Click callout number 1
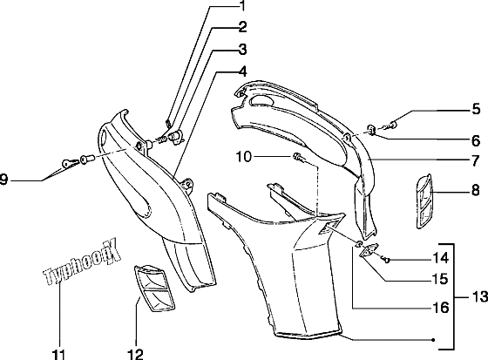[242, 5]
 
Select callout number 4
[242, 71]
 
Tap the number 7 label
[475, 161]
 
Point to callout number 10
[243, 157]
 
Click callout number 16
[441, 308]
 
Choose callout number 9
[3, 180]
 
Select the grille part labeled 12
[154, 288]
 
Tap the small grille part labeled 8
[424, 200]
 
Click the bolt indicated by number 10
[298, 157]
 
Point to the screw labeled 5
[391, 126]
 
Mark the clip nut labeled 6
[371, 130]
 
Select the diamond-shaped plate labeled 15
[369, 250]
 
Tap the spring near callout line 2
[161, 139]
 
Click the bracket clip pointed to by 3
[176, 137]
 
